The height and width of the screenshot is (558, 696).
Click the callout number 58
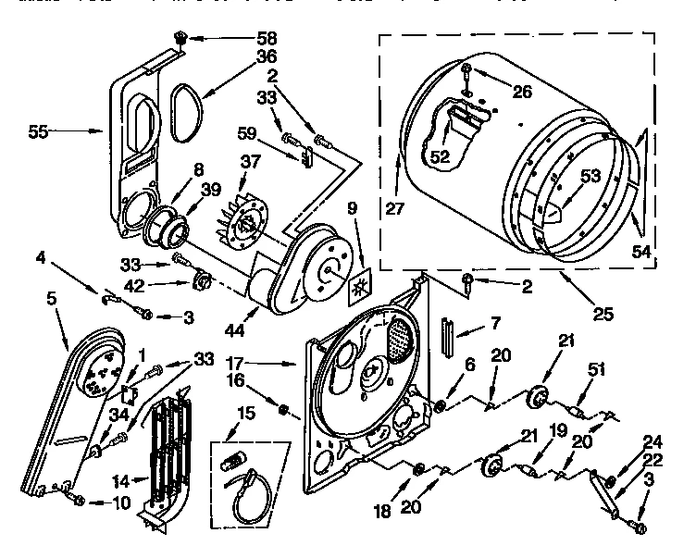click(241, 40)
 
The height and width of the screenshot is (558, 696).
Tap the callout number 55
click(38, 131)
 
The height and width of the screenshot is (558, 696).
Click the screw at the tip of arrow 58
click(180, 39)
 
